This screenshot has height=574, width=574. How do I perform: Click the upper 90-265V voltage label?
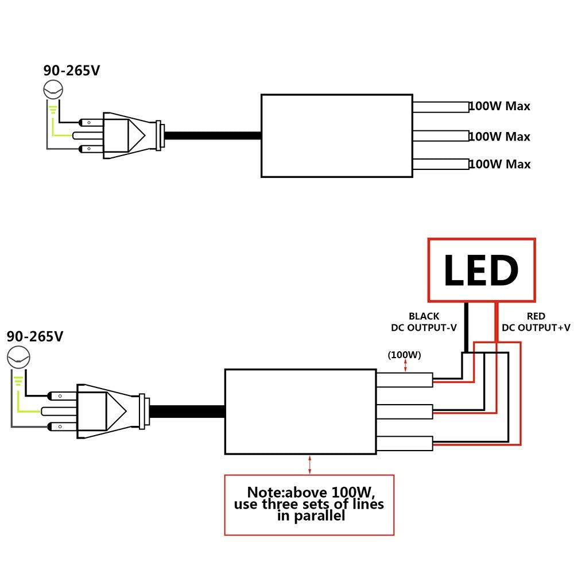pos(72,71)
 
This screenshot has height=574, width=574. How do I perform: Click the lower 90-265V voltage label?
pos(34,336)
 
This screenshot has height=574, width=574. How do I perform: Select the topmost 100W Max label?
pos(499,106)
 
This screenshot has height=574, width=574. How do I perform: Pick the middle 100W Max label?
pos(499,137)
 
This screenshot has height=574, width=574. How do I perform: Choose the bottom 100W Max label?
pos(499,165)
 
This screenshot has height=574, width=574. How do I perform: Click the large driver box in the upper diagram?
pos(336,135)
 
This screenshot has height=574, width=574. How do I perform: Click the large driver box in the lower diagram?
pos(300,411)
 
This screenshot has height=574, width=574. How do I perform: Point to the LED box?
pos(481,270)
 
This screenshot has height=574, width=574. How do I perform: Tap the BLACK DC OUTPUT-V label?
pos(424,322)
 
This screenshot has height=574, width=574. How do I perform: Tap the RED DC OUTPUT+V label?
pos(536,322)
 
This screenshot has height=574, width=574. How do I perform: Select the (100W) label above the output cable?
pos(405,355)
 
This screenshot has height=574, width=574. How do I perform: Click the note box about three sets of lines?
pos(309,505)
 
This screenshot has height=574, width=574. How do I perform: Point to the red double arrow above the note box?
pos(310,464)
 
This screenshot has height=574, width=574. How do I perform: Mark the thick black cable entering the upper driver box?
pos(212,136)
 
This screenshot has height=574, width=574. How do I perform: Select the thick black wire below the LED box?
pos(466,327)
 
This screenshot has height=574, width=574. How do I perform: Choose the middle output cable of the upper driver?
pos(441,136)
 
